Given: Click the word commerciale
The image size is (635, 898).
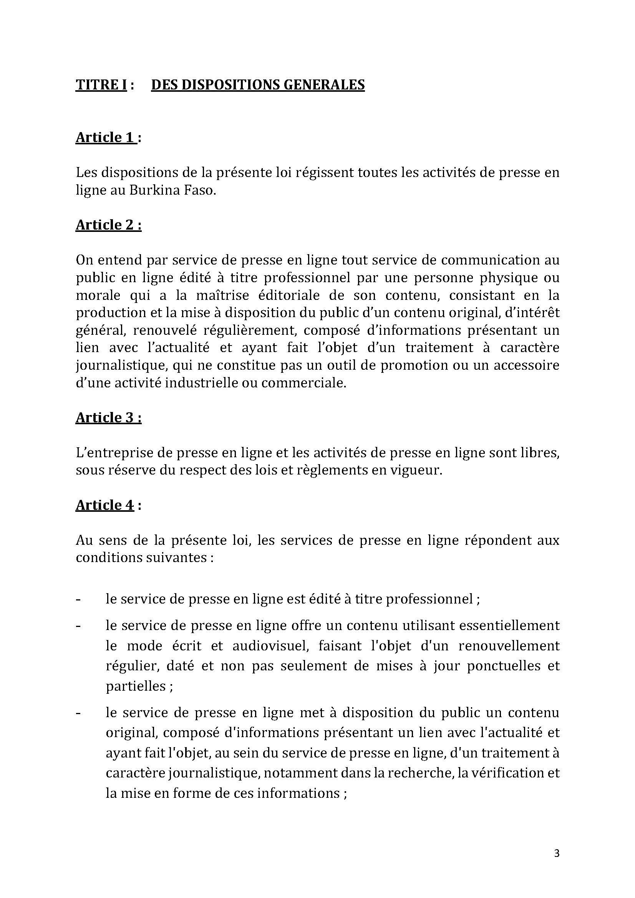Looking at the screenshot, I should (x=303, y=382).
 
